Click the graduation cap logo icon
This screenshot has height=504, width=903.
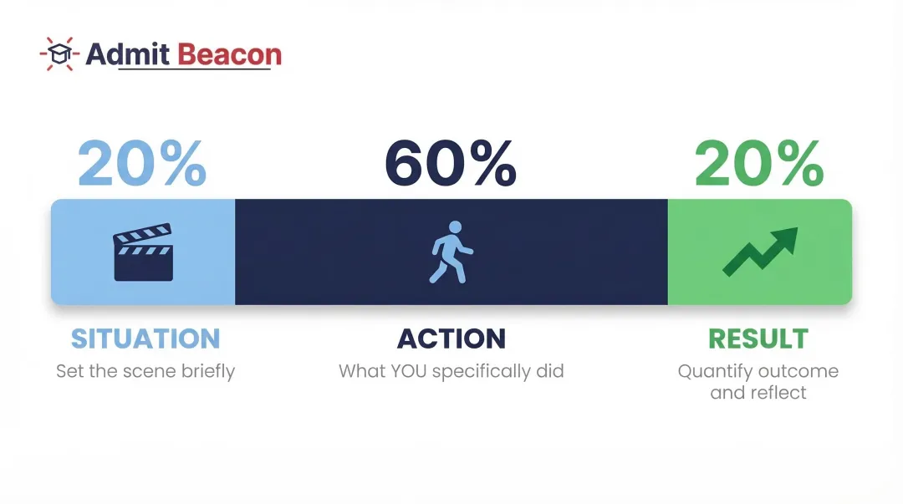[x=59, y=54]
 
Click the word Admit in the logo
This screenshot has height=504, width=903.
[x=127, y=54]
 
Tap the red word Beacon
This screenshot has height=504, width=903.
[x=229, y=54]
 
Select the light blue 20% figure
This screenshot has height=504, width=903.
[x=141, y=163]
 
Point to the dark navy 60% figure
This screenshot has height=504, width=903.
[x=451, y=163]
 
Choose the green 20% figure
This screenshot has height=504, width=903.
[x=759, y=163]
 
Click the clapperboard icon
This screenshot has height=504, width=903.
[x=143, y=252]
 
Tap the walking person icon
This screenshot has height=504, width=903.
[x=451, y=252]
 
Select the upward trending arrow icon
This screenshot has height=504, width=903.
[x=760, y=252]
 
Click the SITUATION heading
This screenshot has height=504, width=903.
[x=145, y=339]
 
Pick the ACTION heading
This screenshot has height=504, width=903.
[x=451, y=339]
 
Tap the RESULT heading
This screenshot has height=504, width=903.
[x=758, y=339]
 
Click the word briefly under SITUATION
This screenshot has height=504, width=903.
[x=208, y=371]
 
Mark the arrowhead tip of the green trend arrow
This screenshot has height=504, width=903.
[x=798, y=228]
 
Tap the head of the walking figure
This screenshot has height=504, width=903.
[x=455, y=227]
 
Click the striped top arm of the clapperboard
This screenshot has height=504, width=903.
[x=142, y=232]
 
